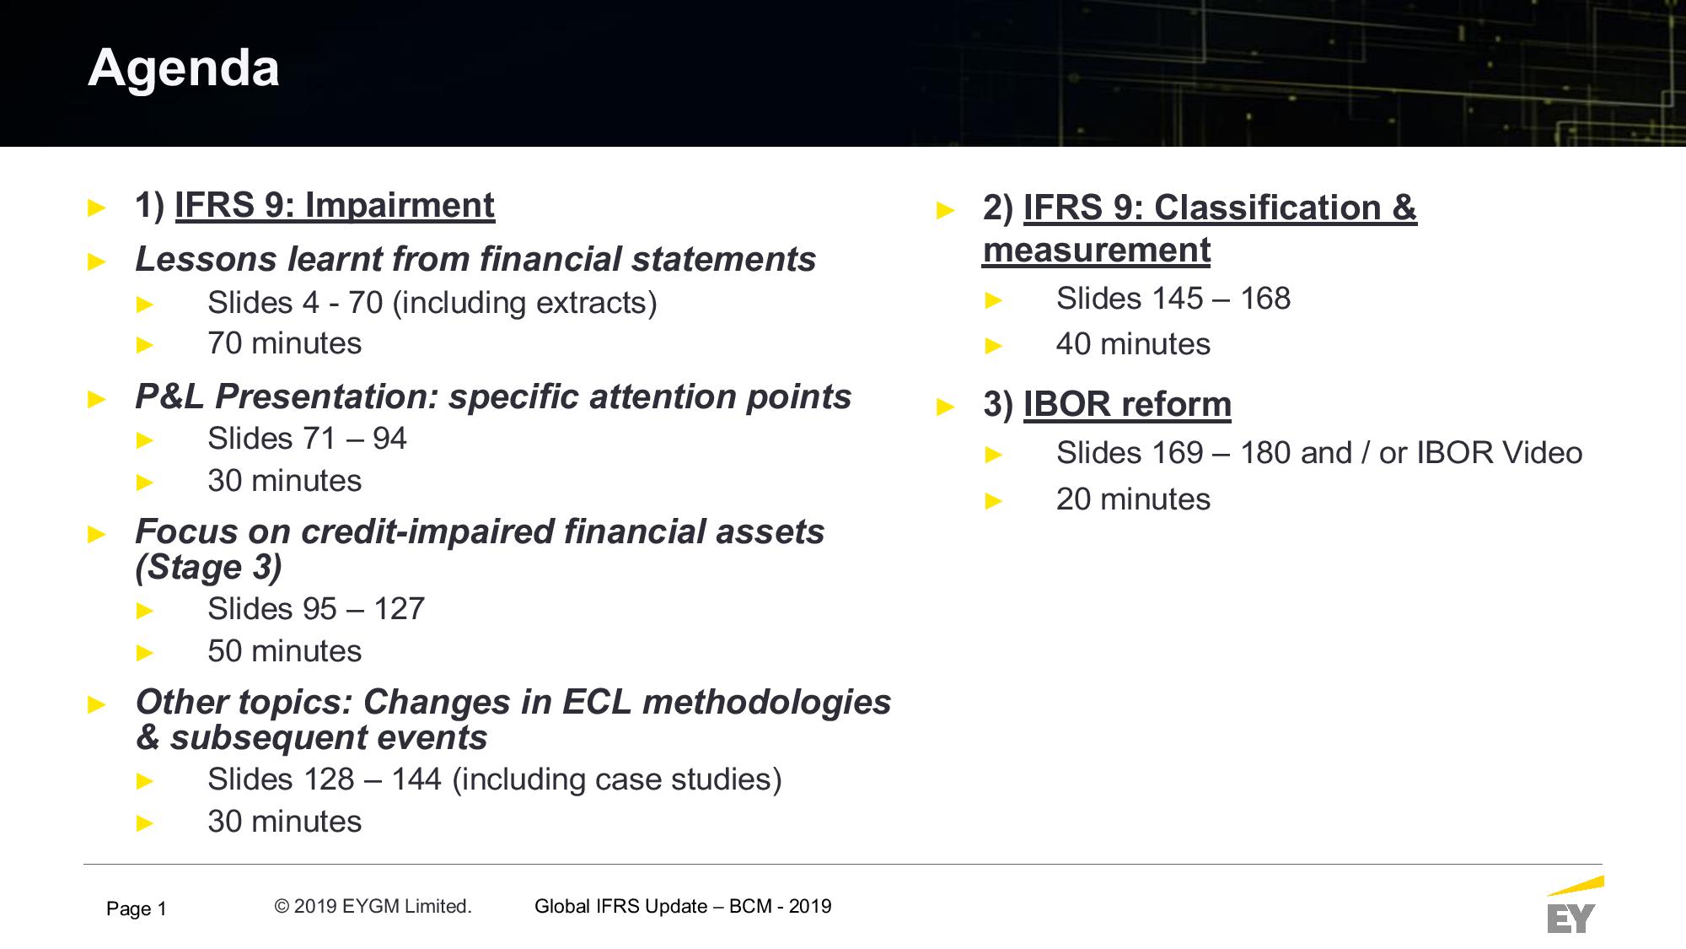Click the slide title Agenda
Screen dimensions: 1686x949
tap(184, 68)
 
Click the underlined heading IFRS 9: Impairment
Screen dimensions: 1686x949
tap(335, 206)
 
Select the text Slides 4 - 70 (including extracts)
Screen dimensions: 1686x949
tap(432, 303)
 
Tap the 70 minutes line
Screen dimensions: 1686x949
tap(285, 343)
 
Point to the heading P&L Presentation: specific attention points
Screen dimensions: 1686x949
tap(493, 396)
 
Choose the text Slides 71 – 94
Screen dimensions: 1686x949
tap(307, 439)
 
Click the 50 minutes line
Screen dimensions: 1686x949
tap(285, 651)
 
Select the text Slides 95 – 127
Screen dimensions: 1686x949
tap(316, 609)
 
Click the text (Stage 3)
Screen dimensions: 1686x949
tap(208, 568)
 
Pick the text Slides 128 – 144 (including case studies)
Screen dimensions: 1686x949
tap(495, 779)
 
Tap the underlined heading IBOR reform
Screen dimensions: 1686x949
tap(1127, 405)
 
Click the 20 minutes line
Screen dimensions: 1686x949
tap(1133, 499)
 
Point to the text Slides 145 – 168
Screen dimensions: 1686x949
tap(1173, 299)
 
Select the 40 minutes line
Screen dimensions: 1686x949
tap(1133, 344)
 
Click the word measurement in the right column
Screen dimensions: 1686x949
tap(1097, 251)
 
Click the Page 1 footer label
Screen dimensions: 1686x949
tap(137, 909)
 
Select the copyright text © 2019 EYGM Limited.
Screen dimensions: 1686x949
tap(373, 907)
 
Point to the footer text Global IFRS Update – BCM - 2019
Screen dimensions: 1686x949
tap(683, 907)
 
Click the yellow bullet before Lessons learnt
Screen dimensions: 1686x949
tap(97, 262)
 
